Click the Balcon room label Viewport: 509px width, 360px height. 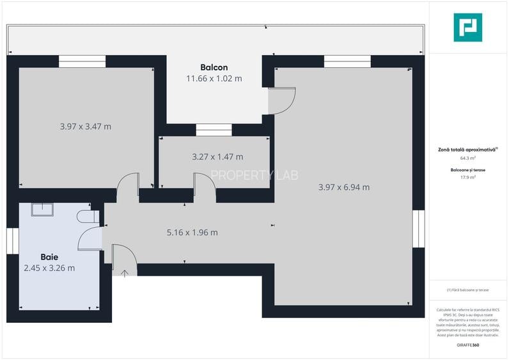(214, 67)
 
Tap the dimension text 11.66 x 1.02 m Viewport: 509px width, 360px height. (214, 79)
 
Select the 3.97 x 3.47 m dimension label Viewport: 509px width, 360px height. (85, 127)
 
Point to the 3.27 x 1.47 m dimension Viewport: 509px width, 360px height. (217, 157)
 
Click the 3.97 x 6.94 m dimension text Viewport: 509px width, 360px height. (343, 187)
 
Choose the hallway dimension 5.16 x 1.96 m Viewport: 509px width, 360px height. (192, 233)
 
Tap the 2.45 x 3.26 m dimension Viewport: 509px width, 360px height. (49, 268)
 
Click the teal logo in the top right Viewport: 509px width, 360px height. (467, 27)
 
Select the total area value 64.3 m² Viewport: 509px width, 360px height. (467, 158)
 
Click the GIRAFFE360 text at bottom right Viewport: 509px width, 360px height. (467, 345)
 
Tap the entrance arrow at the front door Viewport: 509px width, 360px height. (125, 273)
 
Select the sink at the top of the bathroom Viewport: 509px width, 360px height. (42, 210)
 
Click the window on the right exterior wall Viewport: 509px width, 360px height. (419, 228)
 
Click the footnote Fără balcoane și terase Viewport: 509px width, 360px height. (467, 290)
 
